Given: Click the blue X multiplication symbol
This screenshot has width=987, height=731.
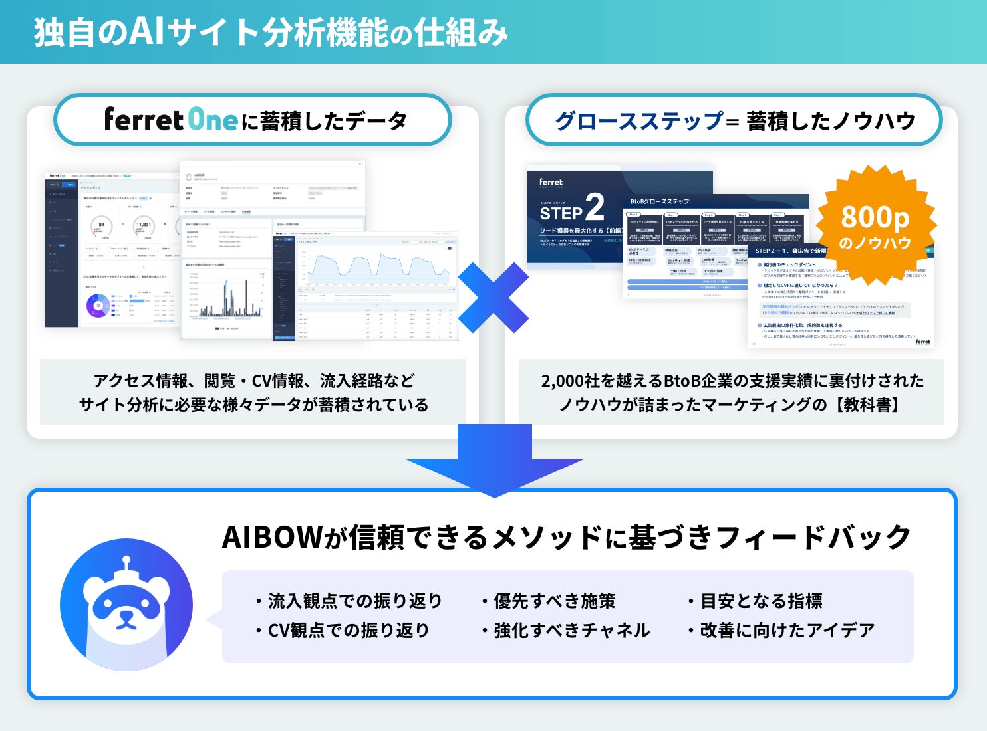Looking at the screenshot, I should tap(493, 298).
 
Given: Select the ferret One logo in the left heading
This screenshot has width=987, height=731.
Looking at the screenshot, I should tap(171, 120).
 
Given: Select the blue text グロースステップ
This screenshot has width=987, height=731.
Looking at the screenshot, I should tap(638, 121).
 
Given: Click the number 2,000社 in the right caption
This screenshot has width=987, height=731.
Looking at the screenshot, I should tap(571, 381).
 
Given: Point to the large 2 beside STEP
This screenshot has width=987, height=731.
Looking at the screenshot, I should tap(594, 207).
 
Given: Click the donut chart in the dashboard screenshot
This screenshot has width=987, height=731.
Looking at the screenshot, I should tap(98, 305).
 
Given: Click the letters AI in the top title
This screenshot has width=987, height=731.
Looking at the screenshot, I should tap(146, 32).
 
